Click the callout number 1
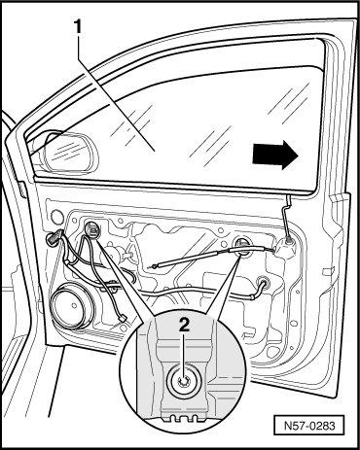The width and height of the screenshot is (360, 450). click(x=78, y=27)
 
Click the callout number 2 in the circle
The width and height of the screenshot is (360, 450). click(x=184, y=325)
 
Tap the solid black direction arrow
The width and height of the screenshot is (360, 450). click(x=275, y=155)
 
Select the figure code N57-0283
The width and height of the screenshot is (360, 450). click(x=309, y=425)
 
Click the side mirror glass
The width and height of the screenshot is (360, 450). click(x=70, y=152)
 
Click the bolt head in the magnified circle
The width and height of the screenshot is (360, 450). click(x=184, y=382)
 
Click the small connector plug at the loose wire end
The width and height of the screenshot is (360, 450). click(x=123, y=319)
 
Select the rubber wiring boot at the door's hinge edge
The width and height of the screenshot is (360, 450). click(x=54, y=236)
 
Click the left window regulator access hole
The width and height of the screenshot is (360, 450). click(x=92, y=229)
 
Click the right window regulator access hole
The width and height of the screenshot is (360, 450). click(x=242, y=246)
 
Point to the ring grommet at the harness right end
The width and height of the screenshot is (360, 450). click(x=263, y=283)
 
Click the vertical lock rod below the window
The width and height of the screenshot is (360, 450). click(x=287, y=217)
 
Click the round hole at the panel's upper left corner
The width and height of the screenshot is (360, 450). click(x=57, y=217)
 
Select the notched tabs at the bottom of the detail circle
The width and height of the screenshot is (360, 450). click(x=184, y=418)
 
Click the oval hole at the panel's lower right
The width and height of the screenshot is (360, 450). click(x=294, y=324)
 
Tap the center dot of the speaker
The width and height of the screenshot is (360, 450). click(x=75, y=305)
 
